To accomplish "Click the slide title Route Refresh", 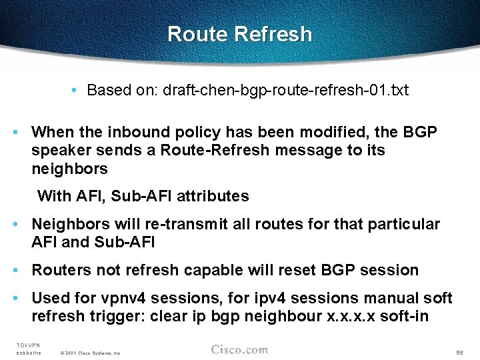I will coord(239,34).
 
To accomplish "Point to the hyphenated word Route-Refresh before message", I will coord(203,151).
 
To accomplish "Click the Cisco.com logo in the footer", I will coord(239,349).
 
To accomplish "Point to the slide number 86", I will coord(459,352).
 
